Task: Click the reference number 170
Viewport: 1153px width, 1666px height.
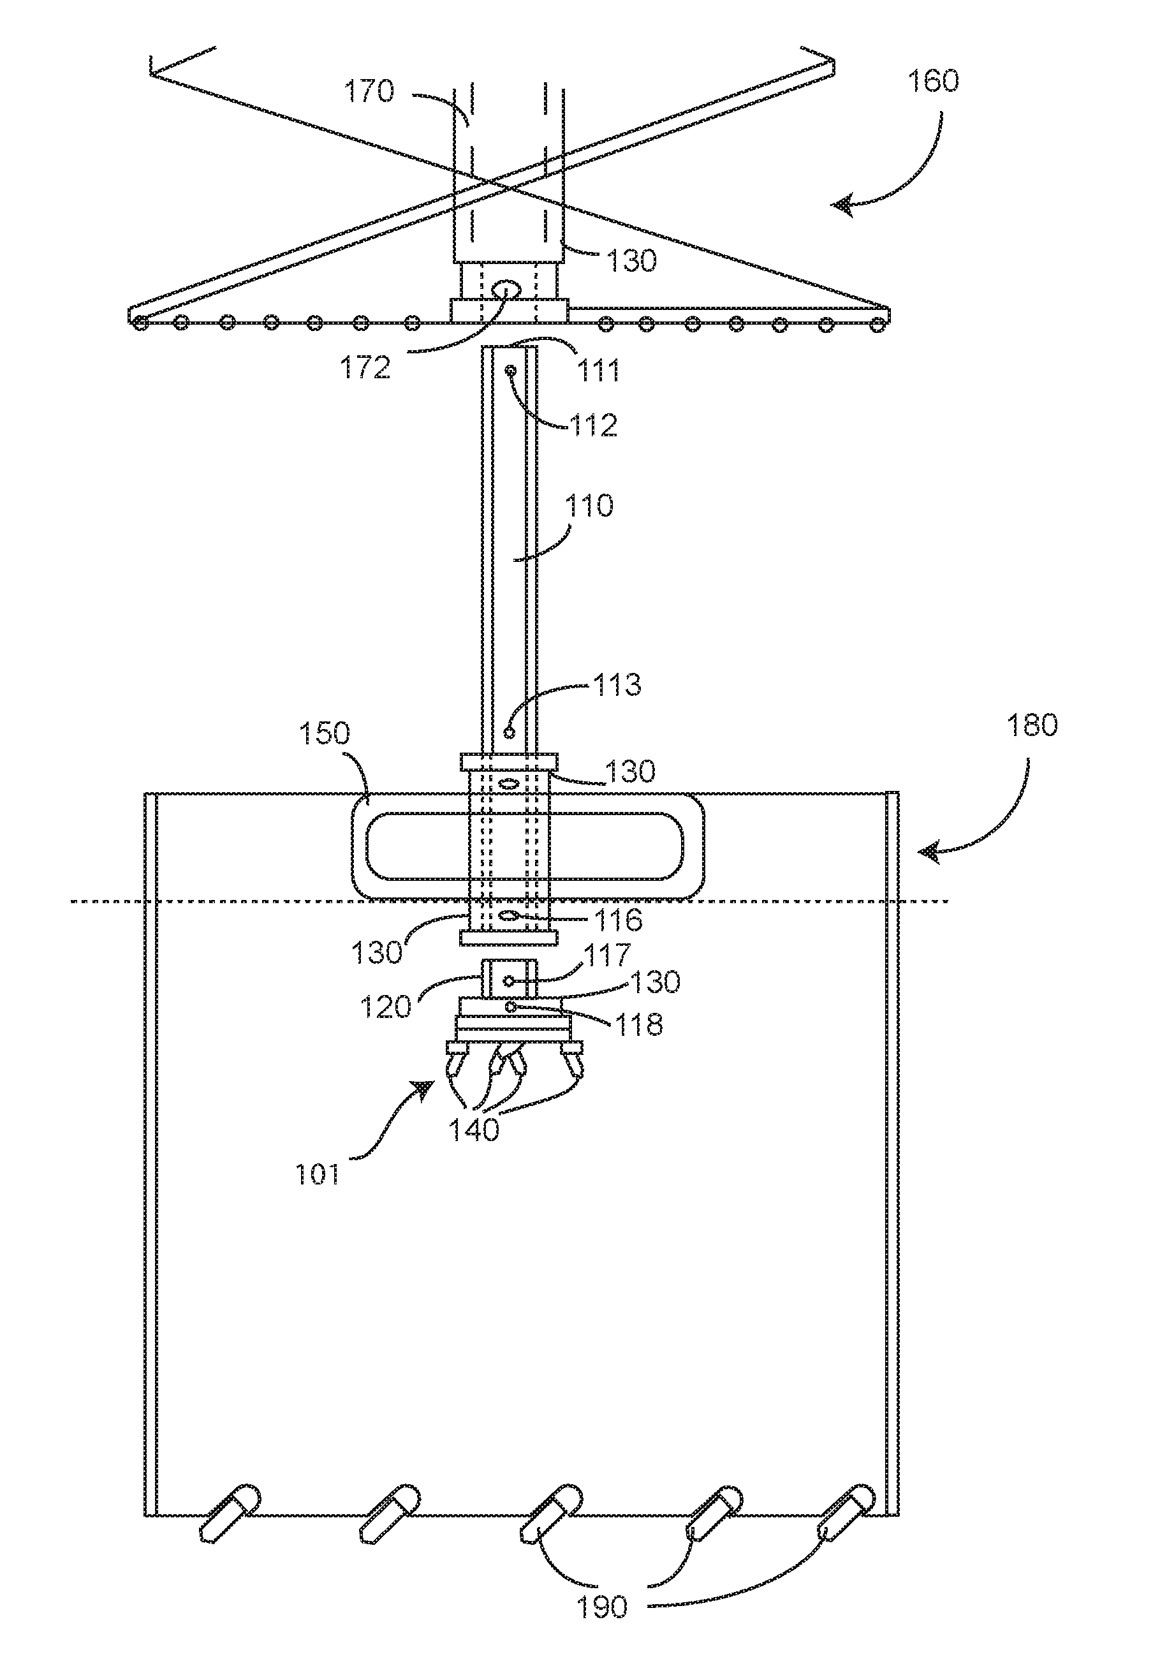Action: [369, 92]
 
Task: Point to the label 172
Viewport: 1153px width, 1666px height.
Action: [365, 368]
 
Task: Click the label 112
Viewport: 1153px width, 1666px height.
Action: [594, 425]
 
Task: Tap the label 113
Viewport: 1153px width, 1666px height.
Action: [616, 684]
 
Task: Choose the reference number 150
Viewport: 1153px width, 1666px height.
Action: [325, 733]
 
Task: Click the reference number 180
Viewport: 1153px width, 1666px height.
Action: [1032, 725]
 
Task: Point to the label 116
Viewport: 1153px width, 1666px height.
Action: [618, 920]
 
